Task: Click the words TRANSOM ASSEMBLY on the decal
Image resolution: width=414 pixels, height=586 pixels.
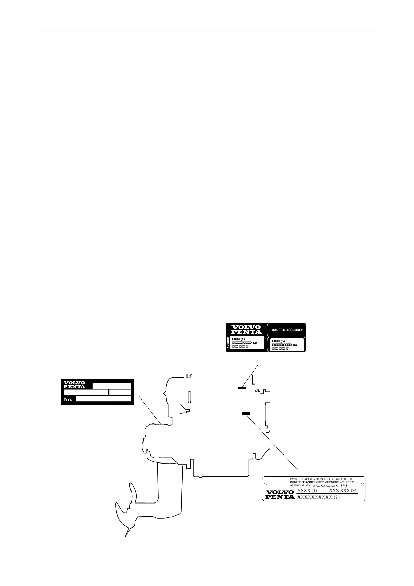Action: click(x=286, y=330)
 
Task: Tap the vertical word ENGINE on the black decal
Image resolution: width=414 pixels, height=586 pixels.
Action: click(x=229, y=343)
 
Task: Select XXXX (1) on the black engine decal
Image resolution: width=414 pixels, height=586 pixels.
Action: click(x=238, y=339)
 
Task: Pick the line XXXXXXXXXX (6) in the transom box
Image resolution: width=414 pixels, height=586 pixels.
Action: click(x=284, y=345)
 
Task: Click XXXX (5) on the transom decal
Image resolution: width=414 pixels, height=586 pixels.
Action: click(x=278, y=341)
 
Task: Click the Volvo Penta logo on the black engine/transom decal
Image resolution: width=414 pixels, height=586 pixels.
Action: click(x=246, y=329)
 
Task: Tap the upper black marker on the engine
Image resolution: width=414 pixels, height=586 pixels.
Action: click(x=242, y=387)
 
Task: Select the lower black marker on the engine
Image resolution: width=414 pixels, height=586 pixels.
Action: click(x=246, y=413)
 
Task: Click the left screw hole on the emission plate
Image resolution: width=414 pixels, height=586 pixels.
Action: click(x=265, y=485)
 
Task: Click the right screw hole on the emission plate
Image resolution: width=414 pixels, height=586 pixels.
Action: click(x=363, y=485)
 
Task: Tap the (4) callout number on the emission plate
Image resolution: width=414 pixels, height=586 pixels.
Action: click(x=344, y=485)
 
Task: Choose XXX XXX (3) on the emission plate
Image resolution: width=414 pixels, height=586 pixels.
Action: click(x=343, y=491)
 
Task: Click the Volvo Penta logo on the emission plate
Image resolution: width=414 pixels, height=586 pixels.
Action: click(x=280, y=494)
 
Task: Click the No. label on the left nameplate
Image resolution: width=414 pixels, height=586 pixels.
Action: click(x=68, y=399)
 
